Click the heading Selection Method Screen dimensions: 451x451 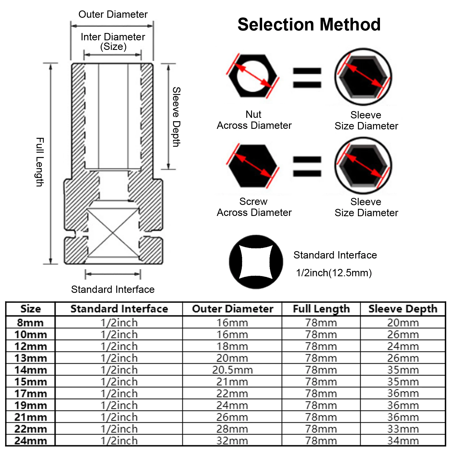pos(309,25)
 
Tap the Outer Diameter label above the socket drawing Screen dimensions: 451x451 pos(113,14)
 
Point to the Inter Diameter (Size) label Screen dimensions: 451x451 pos(113,41)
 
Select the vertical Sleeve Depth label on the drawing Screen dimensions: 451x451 pos(176,117)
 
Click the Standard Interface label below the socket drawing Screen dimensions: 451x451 pos(113,289)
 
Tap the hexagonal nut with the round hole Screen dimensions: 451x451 pos(253,76)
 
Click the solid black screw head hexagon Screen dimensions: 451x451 pos(253,166)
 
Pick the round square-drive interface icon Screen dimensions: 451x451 pos(256,262)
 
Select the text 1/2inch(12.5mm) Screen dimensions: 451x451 pos(334,273)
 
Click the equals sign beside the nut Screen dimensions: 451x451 pos(307,78)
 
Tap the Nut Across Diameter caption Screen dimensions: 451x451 pos(254,120)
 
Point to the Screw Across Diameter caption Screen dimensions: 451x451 pos(254,207)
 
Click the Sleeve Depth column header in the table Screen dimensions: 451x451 pos(403,309)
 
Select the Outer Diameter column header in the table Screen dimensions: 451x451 pos(233,309)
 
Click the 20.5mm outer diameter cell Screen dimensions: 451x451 pos(233,370)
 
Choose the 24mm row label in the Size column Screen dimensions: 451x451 pos(31,441)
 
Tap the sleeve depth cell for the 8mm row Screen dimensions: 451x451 pos(403,323)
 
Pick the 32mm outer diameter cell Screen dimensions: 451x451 pos(233,441)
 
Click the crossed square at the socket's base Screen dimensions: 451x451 pos(113,233)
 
